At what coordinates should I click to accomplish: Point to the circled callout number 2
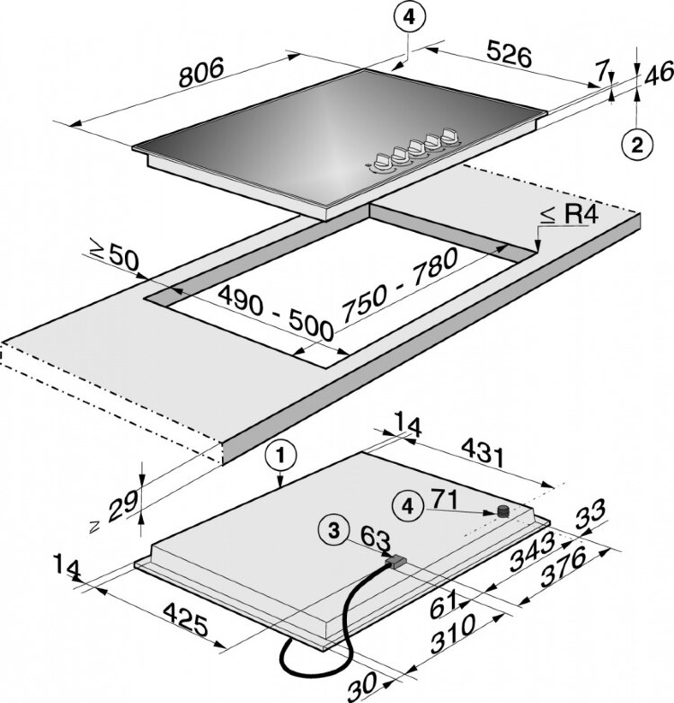(635, 144)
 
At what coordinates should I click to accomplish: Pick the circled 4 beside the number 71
(409, 507)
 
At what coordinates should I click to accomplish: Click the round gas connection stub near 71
(503, 511)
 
